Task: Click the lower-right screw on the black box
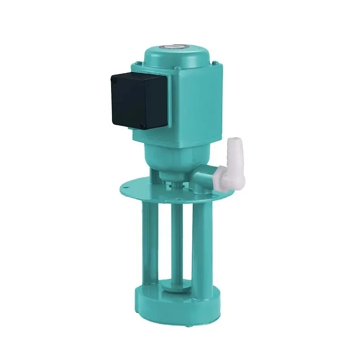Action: coord(143,126)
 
